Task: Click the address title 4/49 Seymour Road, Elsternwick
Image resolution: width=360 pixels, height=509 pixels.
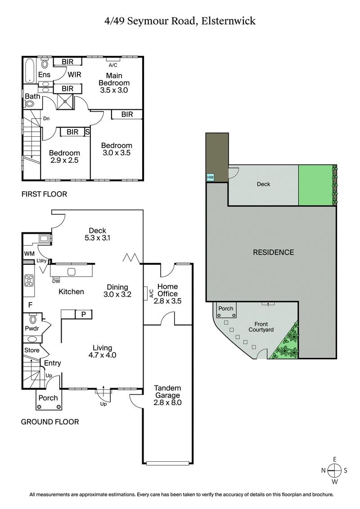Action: [180, 21]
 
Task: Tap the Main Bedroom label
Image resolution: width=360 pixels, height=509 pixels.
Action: [114, 79]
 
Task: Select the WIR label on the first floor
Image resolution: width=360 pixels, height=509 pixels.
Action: [75, 75]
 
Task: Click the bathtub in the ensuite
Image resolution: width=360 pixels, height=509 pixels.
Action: [30, 70]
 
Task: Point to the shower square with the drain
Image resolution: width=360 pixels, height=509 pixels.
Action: [65, 101]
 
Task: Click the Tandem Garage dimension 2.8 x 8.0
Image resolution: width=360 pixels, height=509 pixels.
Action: [167, 402]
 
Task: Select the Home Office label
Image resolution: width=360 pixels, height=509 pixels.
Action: [167, 290]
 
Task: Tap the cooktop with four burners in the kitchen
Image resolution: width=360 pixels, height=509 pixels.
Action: [29, 281]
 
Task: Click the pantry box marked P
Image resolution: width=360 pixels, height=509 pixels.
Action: [83, 314]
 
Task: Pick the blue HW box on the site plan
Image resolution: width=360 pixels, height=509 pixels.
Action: [210, 178]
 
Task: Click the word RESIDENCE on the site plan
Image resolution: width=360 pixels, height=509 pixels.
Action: [273, 252]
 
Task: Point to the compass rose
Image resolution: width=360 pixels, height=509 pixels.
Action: [334, 470]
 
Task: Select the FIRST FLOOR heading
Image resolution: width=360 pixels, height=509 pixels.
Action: [44, 194]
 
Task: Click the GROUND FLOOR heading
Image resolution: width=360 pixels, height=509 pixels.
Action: [50, 422]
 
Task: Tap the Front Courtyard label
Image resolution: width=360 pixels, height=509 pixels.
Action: [261, 327]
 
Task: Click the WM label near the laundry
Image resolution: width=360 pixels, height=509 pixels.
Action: [28, 254]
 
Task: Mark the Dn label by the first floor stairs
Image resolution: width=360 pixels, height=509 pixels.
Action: [46, 119]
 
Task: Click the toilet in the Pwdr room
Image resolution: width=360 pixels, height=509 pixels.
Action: [33, 320]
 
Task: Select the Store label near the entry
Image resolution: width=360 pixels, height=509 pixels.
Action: [32, 350]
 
